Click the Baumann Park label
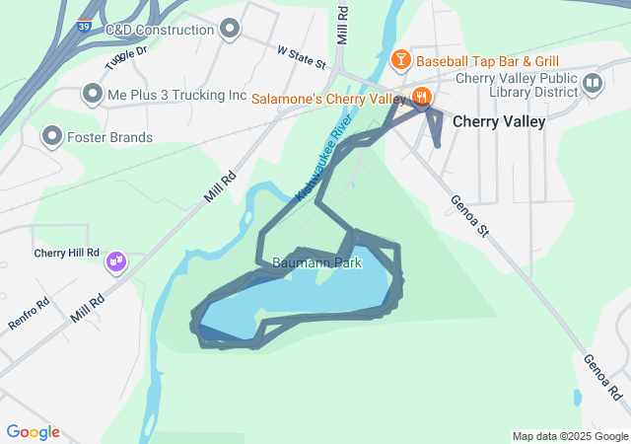coord(317,263)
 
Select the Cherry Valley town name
coord(499,121)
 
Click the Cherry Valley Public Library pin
coord(593,82)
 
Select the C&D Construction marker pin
coord(231,29)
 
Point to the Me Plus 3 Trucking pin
coord(93,95)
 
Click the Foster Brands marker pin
coord(51,136)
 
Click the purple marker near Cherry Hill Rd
coord(116,261)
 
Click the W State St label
coord(301,56)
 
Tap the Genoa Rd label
coord(601,376)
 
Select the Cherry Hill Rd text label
coord(67,253)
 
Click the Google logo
coord(33,432)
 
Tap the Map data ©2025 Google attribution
coord(569,436)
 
